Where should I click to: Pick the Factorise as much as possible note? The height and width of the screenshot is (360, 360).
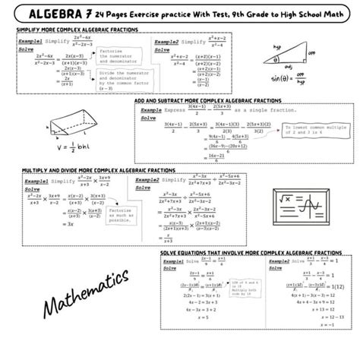[x=115, y=216]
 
